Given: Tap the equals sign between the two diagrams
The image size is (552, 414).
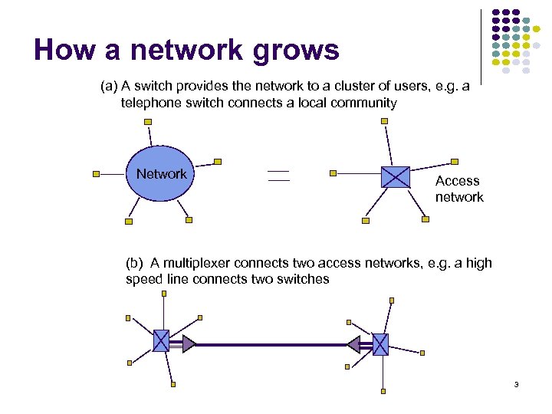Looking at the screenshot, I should point(278,176).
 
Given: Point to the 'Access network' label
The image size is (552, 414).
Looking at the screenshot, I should point(459,189).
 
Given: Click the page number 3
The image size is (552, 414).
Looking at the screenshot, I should point(517,384).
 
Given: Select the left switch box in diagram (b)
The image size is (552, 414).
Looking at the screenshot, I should point(161,340).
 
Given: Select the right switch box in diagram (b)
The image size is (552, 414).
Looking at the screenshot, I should point(380,344).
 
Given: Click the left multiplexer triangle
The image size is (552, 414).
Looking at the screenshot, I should point(189,343).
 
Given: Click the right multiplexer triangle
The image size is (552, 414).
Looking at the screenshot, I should point(353,345).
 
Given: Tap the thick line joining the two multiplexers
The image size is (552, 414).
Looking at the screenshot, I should point(272,344).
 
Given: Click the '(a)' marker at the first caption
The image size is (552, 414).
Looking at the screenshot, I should point(110,87).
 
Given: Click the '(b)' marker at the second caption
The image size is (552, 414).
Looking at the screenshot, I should point(135,263).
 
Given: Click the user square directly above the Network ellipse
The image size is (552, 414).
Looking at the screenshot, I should point(148,121).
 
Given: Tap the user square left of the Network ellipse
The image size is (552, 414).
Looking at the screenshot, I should point(96,174).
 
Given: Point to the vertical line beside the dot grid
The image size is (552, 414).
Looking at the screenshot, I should point(481,46).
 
